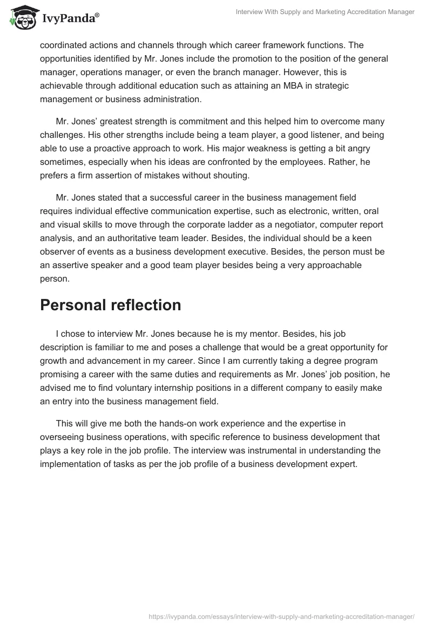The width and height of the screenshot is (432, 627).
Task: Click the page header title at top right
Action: point(325,12)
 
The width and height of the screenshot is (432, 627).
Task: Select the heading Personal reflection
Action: point(110,305)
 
